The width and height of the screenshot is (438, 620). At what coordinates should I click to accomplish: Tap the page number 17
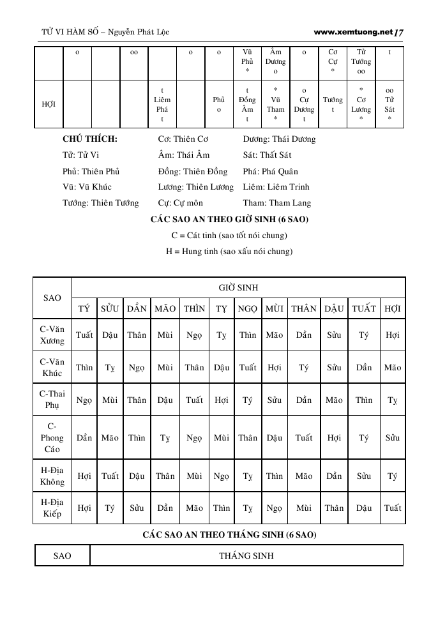coord(400,31)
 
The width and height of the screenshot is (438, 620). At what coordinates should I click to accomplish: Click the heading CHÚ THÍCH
coord(90,139)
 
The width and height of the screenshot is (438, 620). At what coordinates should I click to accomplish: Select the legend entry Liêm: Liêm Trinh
coord(276,187)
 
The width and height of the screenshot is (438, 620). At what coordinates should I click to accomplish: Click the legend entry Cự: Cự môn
coord(181,203)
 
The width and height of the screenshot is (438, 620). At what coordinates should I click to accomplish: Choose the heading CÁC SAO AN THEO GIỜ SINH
coord(229,220)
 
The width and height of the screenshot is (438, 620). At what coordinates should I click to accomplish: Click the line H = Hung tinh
coord(229,252)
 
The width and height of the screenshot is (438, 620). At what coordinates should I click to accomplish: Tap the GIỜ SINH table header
coord(238,287)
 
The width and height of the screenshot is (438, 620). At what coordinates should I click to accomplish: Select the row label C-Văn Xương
coord(52,335)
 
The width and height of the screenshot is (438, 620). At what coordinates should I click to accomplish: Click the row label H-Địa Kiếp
coord(52,508)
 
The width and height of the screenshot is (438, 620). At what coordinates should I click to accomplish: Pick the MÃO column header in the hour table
coord(165,308)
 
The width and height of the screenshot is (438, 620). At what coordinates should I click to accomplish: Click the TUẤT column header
coord(364,308)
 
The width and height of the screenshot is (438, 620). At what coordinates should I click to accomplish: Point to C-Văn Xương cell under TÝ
coord(84,335)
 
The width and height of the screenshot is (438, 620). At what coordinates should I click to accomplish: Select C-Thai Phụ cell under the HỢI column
coord(393,400)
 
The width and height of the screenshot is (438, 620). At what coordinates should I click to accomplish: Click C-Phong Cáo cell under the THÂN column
coord(304,438)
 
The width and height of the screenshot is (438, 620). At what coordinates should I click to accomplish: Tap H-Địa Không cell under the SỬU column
coord(110,476)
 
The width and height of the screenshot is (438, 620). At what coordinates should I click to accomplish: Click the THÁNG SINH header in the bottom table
coord(246,556)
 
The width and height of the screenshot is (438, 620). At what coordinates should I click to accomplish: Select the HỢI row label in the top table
coord(48,104)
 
